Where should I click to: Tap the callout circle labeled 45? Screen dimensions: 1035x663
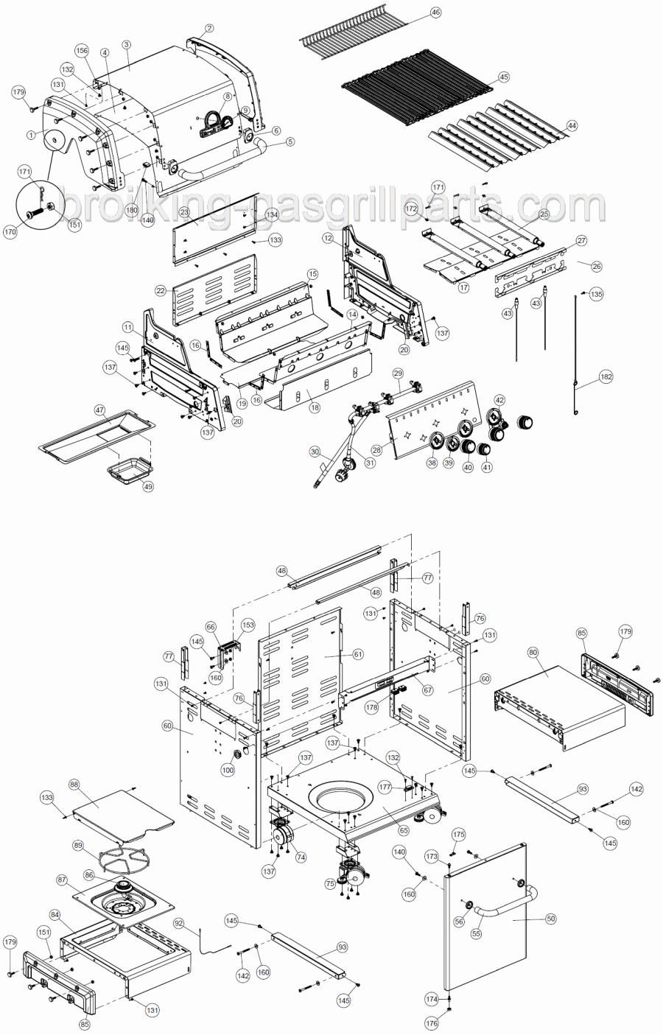(504, 77)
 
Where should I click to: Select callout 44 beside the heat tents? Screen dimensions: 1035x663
(572, 126)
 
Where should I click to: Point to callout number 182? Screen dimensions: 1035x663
(606, 376)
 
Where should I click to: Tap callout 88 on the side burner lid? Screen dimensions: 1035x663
(74, 785)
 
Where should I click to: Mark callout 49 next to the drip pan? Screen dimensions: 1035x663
(148, 486)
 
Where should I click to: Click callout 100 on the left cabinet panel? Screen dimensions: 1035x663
(228, 770)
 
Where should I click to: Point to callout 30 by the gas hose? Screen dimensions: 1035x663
(315, 451)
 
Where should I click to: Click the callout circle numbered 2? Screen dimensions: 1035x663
(209, 29)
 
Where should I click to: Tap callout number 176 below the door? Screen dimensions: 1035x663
(432, 1023)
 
